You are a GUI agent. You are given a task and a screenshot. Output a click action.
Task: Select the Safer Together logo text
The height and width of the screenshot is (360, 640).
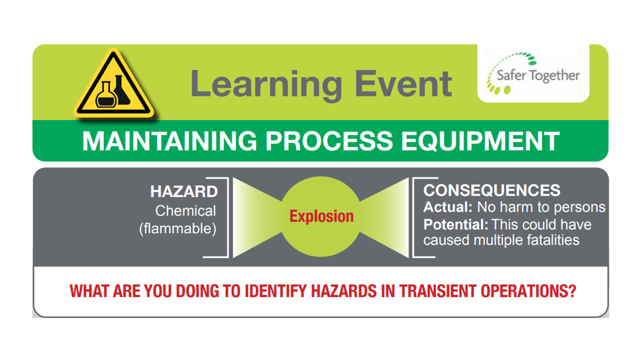[538, 75]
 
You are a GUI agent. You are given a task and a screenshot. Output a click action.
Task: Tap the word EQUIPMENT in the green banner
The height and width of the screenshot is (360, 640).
[480, 141]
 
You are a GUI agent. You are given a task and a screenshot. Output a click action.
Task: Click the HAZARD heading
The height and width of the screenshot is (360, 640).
[184, 191]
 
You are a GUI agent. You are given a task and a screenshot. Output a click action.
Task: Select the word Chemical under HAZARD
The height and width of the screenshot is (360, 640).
[185, 211]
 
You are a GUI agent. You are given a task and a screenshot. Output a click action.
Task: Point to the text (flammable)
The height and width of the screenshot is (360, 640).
[177, 229]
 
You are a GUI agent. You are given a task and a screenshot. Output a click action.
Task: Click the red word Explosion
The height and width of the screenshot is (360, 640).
[321, 216]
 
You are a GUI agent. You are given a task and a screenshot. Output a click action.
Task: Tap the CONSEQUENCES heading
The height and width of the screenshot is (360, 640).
[491, 190]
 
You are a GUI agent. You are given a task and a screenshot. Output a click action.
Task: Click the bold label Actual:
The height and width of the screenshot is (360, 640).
[447, 207]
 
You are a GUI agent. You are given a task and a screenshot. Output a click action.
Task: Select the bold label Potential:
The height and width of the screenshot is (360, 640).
[455, 224]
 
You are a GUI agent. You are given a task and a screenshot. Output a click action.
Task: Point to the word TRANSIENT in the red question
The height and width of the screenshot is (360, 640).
[437, 291]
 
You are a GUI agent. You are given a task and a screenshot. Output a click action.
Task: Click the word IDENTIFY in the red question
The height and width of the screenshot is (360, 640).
[275, 291]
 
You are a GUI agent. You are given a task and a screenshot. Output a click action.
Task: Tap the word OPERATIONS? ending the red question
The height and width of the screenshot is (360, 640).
[528, 291]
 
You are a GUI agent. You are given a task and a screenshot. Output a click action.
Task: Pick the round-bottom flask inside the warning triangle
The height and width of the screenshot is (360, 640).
[105, 95]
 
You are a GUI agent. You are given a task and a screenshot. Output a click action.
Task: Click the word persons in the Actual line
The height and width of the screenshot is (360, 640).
[579, 207]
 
